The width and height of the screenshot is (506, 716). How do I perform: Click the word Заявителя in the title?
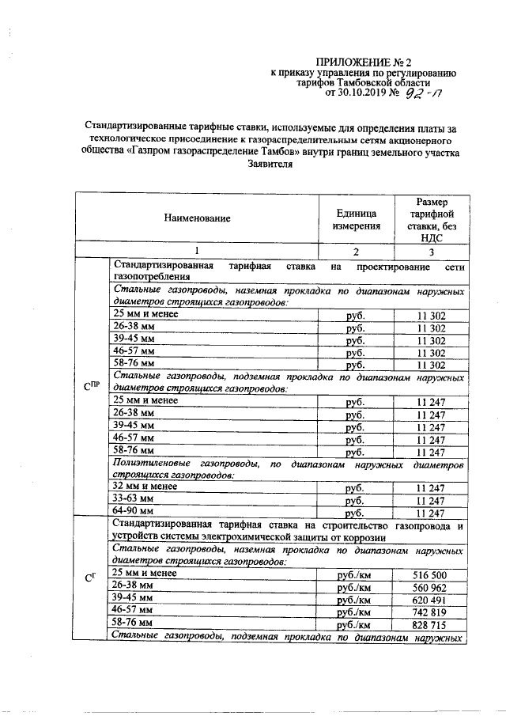(270, 165)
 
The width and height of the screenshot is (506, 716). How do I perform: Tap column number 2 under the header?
(356, 252)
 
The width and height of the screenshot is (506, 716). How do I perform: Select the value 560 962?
(431, 588)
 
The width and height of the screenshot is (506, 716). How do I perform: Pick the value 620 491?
(431, 600)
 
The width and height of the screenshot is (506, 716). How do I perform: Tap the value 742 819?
(431, 612)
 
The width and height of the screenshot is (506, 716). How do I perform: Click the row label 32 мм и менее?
(146, 487)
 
